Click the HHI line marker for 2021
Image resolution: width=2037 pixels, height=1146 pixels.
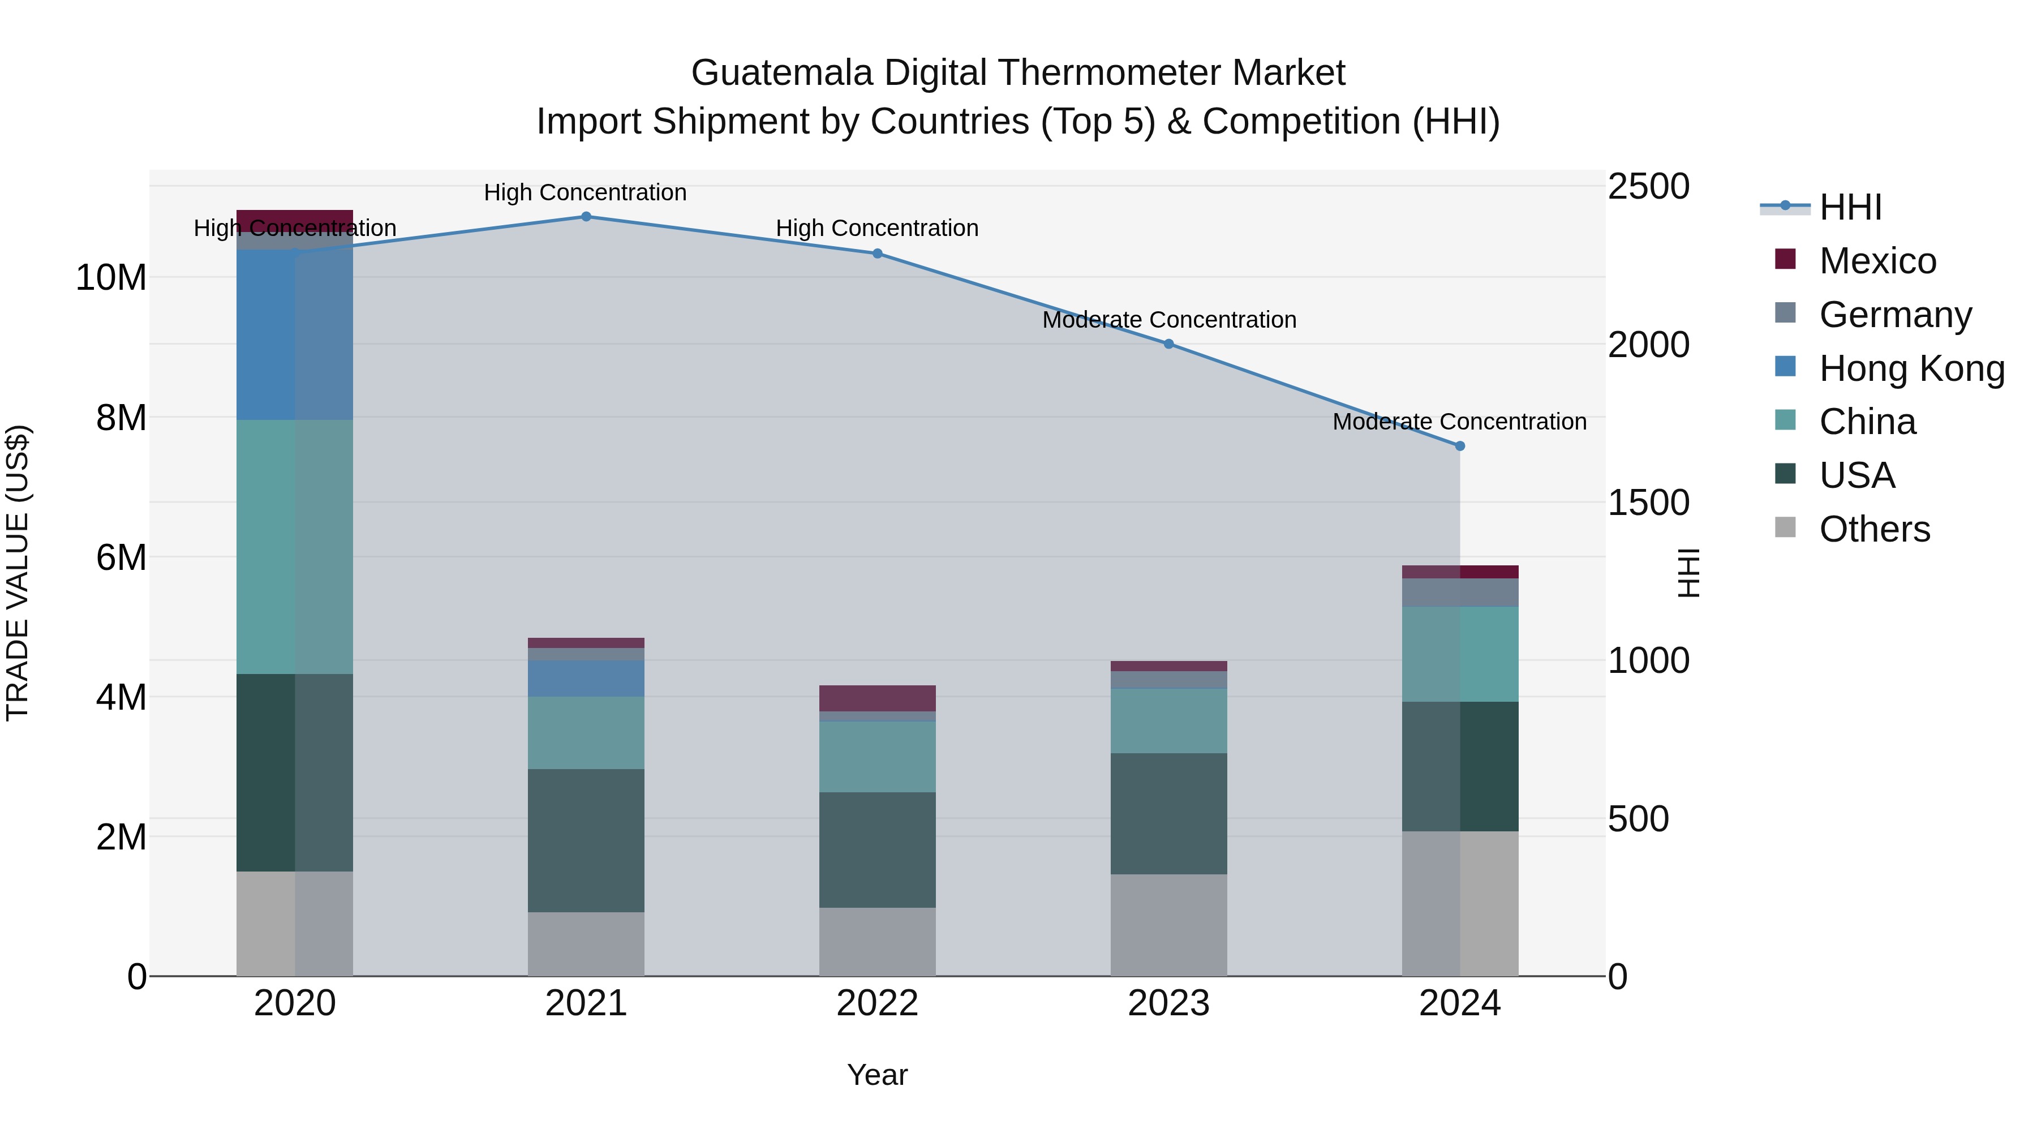coord(586,216)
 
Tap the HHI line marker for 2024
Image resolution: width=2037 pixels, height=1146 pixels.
coord(1460,446)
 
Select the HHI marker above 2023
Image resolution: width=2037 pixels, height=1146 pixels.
coord(1169,344)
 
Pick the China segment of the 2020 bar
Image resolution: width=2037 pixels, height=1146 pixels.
coord(294,547)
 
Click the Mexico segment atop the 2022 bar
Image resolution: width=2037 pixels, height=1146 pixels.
coord(877,698)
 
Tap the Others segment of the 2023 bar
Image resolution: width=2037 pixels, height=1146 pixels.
coord(1169,925)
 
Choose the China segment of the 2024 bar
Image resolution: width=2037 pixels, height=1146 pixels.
coord(1460,654)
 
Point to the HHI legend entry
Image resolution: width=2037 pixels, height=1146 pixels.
coord(1850,207)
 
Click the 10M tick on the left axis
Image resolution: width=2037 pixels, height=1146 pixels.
coord(111,278)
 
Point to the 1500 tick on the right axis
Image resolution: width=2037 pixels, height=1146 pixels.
coord(1649,503)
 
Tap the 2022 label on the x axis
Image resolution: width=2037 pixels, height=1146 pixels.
coord(877,1003)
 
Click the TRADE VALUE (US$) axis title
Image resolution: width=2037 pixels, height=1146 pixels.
coord(18,573)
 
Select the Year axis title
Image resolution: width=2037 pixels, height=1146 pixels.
coord(877,1075)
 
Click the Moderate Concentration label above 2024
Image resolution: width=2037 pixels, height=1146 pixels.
coord(1460,422)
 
